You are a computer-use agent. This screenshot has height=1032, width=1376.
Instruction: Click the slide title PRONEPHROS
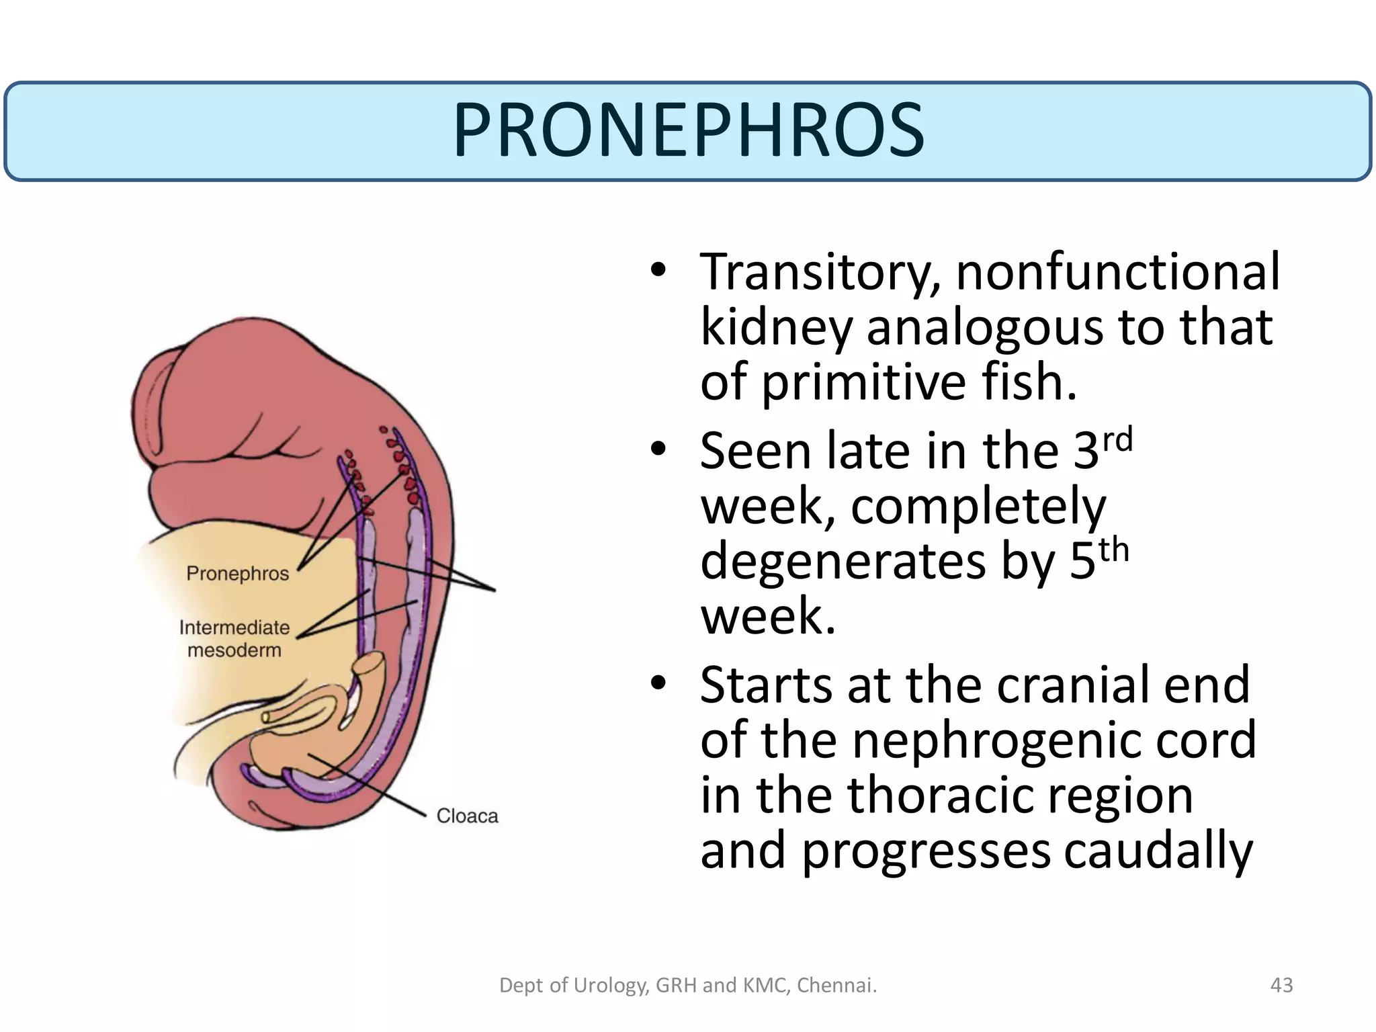tap(689, 131)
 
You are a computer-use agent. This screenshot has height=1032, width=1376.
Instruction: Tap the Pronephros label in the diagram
tap(237, 574)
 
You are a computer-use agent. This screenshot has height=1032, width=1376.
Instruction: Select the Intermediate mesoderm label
tap(234, 638)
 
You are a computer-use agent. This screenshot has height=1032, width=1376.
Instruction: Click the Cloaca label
tap(467, 816)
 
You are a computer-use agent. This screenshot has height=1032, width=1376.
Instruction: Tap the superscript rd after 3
tap(1117, 439)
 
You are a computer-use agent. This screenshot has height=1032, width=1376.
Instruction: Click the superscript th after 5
tap(1113, 550)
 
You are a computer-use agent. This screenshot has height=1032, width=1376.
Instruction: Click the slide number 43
tap(1281, 985)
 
